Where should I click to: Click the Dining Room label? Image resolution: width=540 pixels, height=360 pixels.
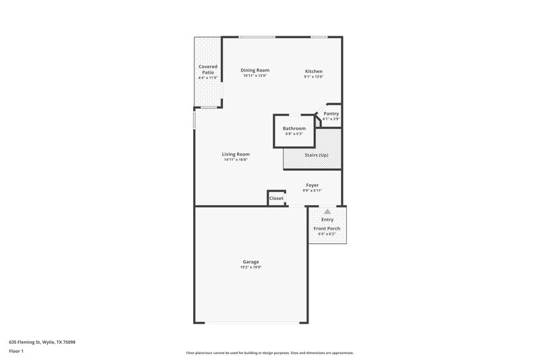(x=255, y=70)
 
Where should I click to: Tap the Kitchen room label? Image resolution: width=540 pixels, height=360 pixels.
(x=313, y=71)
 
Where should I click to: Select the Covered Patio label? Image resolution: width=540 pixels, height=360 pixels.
(x=208, y=70)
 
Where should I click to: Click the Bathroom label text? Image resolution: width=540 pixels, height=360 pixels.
(x=294, y=128)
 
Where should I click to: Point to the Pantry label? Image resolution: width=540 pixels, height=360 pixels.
(x=331, y=113)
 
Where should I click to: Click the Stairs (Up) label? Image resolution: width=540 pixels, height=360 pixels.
(x=317, y=155)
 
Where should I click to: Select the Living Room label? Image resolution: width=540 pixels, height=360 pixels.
(x=236, y=154)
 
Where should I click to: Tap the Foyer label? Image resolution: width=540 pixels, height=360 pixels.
(x=312, y=185)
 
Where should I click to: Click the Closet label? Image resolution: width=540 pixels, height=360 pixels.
(x=276, y=198)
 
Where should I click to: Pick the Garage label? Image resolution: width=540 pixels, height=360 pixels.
(x=250, y=262)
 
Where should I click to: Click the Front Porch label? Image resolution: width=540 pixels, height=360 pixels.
(x=327, y=228)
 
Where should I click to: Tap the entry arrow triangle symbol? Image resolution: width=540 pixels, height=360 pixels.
(x=327, y=211)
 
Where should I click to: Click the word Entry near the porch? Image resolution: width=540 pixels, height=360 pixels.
(x=327, y=220)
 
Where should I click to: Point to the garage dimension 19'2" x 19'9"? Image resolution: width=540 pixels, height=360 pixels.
(x=250, y=267)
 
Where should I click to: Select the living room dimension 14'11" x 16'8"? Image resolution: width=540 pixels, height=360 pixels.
(x=236, y=159)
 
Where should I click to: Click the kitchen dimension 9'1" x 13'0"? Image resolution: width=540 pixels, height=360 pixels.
(x=313, y=76)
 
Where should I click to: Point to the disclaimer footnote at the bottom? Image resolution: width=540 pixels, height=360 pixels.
(x=270, y=353)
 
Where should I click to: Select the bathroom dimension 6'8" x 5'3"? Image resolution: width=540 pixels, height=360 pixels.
(x=294, y=134)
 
